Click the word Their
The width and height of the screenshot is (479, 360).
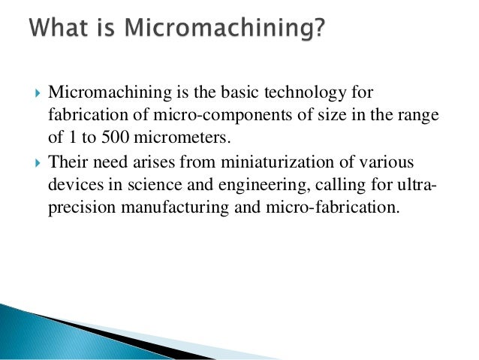[x=68, y=161]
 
